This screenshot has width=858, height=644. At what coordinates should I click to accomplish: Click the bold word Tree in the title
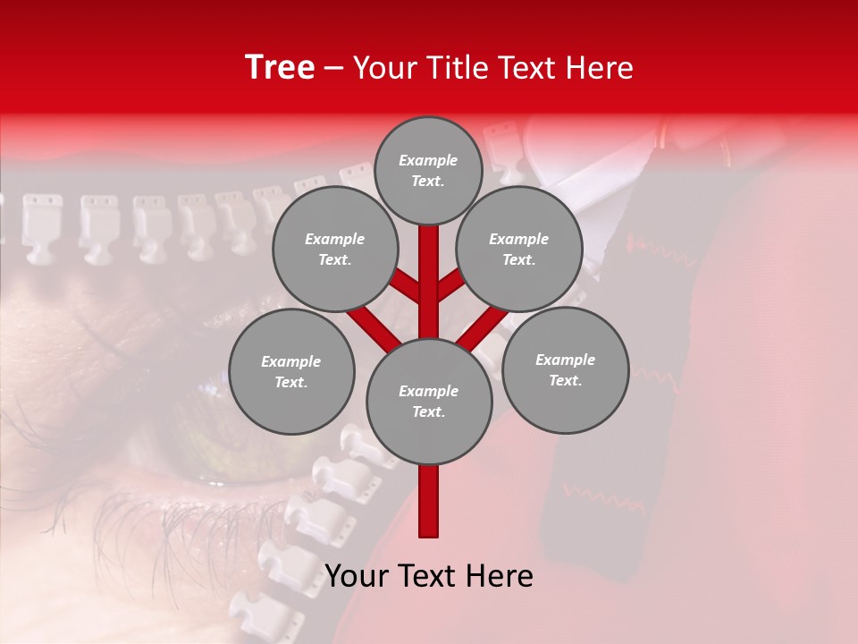[280, 68]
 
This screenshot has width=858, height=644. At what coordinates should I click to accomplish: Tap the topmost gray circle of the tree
[428, 170]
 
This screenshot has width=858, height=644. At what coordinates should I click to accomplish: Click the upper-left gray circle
[334, 249]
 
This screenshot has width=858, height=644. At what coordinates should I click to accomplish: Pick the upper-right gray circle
[519, 249]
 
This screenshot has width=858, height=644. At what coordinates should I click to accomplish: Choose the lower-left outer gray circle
[291, 372]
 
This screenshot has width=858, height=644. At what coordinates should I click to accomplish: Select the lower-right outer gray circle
[565, 369]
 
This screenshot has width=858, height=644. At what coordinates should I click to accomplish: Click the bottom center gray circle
[429, 402]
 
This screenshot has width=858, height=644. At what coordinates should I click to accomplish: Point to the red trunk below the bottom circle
[429, 501]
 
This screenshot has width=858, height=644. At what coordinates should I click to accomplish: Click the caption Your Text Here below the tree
[429, 576]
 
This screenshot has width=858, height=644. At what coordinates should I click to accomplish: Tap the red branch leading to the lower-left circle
[374, 326]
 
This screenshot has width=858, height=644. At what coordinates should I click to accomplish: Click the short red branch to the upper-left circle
[407, 286]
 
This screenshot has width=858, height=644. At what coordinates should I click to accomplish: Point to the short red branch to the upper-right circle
[450, 284]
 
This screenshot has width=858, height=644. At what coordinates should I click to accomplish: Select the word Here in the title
[602, 68]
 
